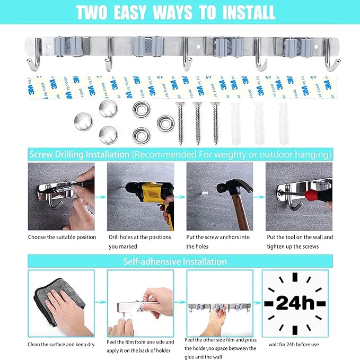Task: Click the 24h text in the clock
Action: coord(295,303)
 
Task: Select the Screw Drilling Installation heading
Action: coord(79,154)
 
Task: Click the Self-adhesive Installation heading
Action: coord(175,261)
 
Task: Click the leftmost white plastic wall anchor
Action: coord(235,125)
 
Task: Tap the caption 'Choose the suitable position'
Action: coord(62,237)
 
